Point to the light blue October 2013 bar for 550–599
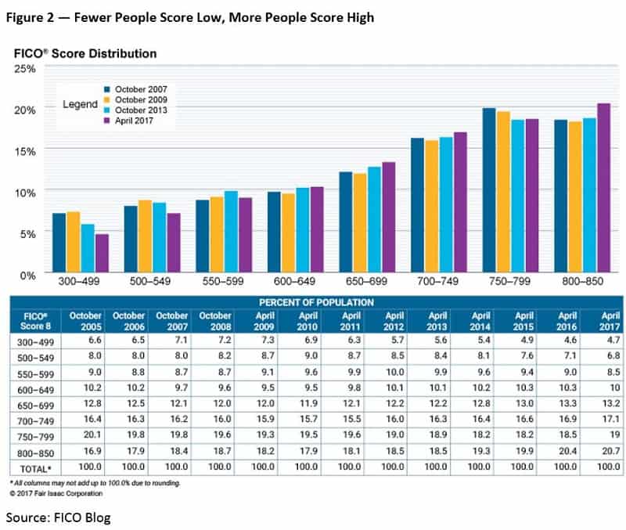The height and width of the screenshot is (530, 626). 231,232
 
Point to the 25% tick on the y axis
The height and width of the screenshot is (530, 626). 27,68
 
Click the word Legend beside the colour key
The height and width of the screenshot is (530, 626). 80,104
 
